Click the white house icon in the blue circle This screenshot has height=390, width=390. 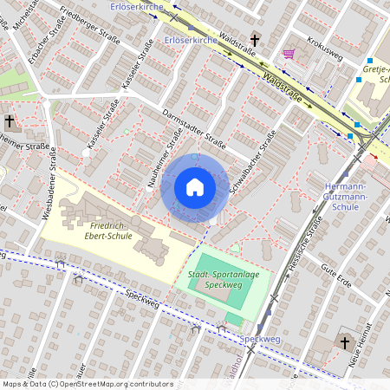point(195,186)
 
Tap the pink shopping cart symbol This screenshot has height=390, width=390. point(288,54)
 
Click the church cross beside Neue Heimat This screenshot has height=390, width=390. point(344,342)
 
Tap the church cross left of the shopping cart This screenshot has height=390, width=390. point(255,40)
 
